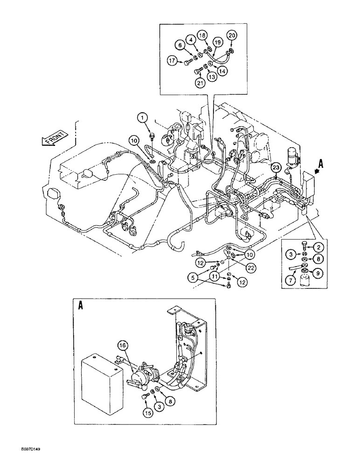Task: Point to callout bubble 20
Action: pyautogui.click(x=231, y=35)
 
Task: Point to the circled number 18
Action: pyautogui.click(x=201, y=35)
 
